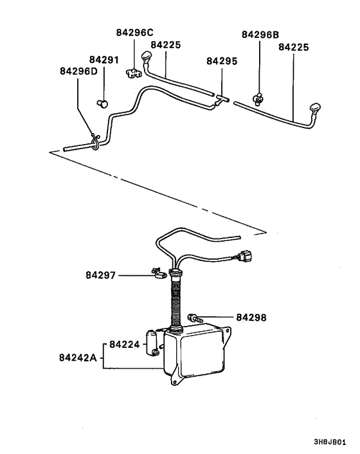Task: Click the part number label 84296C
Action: pyautogui.click(x=136, y=32)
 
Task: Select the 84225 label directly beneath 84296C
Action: pyautogui.click(x=166, y=46)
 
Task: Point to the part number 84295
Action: pyautogui.click(x=222, y=61)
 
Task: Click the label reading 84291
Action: pyautogui.click(x=104, y=60)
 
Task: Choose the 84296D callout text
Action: pyautogui.click(x=78, y=71)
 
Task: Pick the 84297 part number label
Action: pyautogui.click(x=101, y=275)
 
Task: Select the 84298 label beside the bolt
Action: pyautogui.click(x=251, y=317)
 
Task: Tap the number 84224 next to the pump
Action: pyautogui.click(x=124, y=345)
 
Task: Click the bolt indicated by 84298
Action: pyautogui.click(x=195, y=317)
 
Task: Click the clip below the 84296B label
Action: pyautogui.click(x=258, y=98)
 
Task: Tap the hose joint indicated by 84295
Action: pyautogui.click(x=222, y=99)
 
